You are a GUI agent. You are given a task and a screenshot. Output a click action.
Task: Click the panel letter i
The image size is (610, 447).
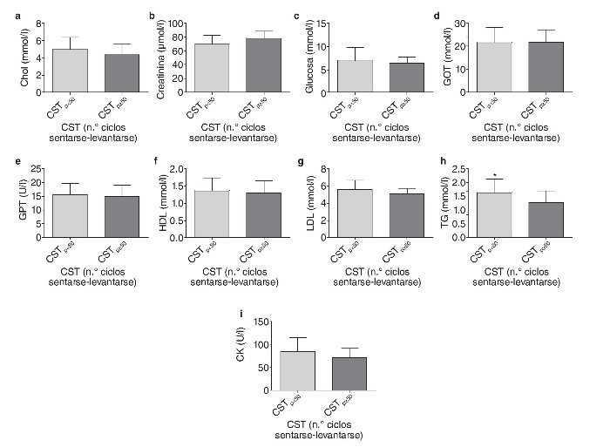(228, 314)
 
